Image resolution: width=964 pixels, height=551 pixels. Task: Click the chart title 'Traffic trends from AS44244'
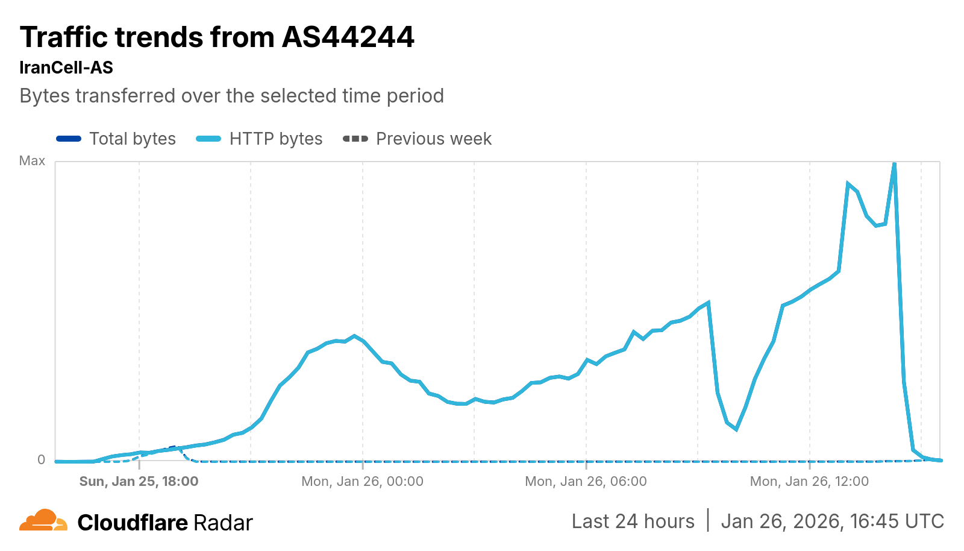tap(217, 37)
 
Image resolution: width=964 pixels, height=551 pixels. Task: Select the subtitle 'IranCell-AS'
tap(66, 68)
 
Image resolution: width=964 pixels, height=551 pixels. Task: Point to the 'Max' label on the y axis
tap(32, 161)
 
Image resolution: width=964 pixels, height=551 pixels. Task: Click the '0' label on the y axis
tap(41, 459)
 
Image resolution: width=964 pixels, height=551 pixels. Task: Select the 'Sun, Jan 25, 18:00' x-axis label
tap(139, 482)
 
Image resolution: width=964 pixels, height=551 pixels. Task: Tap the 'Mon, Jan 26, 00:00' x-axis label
tap(362, 482)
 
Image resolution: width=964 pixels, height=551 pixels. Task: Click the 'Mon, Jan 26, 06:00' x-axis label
tap(586, 482)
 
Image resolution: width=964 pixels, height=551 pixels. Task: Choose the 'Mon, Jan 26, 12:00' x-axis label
tap(809, 482)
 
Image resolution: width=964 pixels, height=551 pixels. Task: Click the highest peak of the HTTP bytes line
tap(894, 163)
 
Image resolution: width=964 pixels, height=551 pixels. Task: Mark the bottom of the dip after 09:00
tap(736, 429)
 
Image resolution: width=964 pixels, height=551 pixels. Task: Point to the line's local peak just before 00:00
tap(354, 336)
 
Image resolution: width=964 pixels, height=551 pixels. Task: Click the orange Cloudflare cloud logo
tap(43, 520)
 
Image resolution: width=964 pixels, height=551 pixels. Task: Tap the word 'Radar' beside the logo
tap(223, 523)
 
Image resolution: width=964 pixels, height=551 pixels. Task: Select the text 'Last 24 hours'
tap(633, 521)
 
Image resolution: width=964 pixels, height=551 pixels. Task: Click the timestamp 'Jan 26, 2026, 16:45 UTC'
tap(832, 521)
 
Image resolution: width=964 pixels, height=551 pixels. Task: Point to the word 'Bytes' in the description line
tap(44, 96)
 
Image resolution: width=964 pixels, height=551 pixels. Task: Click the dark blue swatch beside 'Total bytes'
tap(69, 139)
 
